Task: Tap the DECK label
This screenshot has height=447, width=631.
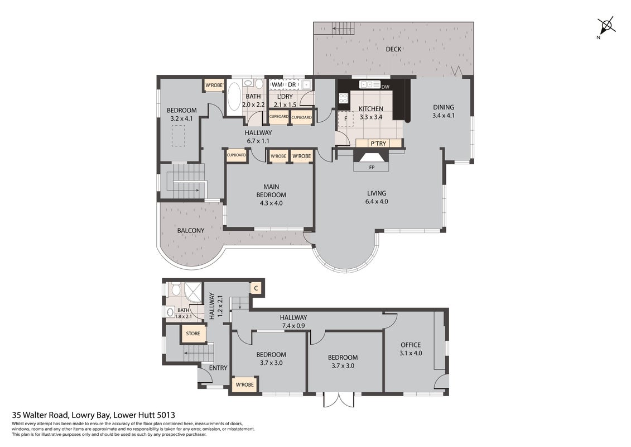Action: click(x=393, y=49)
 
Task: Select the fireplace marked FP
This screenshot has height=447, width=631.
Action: click(x=372, y=161)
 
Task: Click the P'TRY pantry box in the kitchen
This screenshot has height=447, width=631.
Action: click(x=379, y=144)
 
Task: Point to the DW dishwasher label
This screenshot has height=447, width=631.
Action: click(x=385, y=87)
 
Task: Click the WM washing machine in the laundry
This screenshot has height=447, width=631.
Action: click(x=277, y=84)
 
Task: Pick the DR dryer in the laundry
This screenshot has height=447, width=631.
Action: click(x=292, y=84)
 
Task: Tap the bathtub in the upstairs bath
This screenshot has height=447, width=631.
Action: click(x=233, y=97)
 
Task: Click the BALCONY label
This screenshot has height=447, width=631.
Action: click(x=191, y=231)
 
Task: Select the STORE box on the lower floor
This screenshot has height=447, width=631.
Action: click(x=193, y=334)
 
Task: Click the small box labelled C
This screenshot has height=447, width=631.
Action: click(x=256, y=288)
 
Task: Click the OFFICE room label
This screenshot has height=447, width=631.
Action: click(x=411, y=345)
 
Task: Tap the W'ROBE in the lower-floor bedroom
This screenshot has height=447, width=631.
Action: click(x=245, y=384)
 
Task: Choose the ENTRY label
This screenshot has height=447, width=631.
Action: click(x=218, y=368)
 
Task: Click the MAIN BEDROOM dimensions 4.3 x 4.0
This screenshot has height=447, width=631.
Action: click(x=271, y=203)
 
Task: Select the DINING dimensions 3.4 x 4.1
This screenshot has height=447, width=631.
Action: click(x=444, y=116)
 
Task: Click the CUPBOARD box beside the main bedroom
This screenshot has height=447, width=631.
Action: click(x=237, y=155)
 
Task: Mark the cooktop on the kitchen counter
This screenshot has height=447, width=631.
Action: click(x=343, y=98)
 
